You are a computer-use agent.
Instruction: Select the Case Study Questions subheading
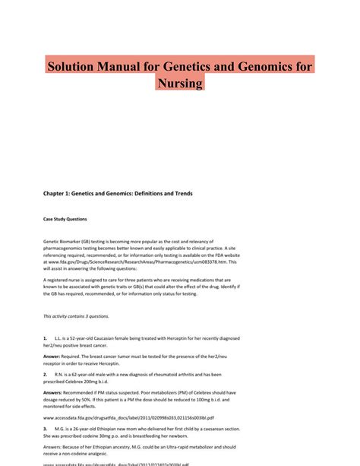pyautogui.click(x=65, y=219)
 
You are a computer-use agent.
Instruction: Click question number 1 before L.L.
pyautogui.click(x=46, y=336)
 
